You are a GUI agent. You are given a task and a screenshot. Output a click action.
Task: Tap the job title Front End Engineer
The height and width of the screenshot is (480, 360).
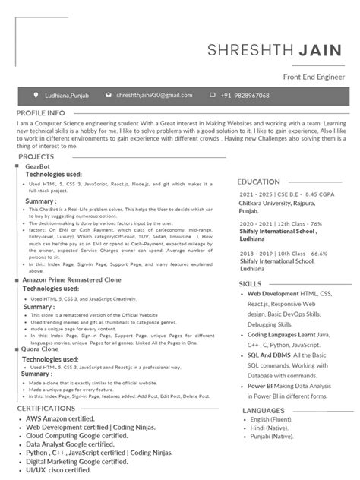click(313, 77)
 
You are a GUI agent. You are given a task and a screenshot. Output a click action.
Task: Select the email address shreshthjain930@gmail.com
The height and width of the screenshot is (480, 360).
click(154, 96)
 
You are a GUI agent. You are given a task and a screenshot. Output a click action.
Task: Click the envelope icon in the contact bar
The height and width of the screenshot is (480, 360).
click(109, 96)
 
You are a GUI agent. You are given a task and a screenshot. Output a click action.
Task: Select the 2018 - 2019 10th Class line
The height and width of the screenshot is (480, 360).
click(282, 254)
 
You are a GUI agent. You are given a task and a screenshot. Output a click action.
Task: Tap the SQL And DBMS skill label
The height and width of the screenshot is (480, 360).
click(269, 355)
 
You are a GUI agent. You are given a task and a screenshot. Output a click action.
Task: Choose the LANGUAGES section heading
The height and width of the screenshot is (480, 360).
click(264, 410)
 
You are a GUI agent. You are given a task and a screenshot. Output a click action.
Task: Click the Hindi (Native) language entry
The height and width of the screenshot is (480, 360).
click(273, 429)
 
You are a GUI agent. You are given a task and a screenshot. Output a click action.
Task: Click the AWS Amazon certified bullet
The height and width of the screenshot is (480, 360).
click(60, 418)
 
